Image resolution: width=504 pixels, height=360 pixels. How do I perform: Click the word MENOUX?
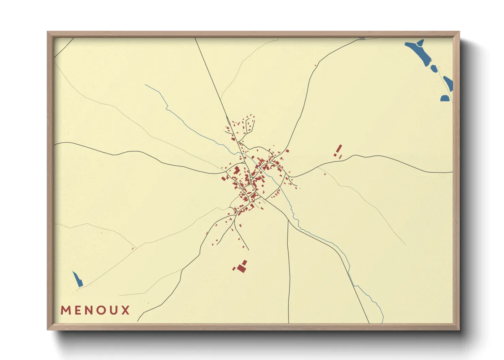point(95,310)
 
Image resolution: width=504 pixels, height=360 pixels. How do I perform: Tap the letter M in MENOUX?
point(66,310)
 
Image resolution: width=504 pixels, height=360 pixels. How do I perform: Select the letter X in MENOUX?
point(126,310)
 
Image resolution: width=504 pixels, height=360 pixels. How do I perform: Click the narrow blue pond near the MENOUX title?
point(78,279)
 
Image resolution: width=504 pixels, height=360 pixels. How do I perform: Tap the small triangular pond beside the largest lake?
point(421,43)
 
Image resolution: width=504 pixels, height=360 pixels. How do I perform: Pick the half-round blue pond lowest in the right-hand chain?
point(445,98)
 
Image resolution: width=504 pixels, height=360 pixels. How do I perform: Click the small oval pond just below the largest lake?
point(434,68)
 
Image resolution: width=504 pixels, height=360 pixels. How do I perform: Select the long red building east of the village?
point(339,149)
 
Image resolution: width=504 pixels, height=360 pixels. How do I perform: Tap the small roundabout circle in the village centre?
point(251,179)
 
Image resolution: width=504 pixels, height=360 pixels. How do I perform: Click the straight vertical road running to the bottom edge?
point(289,272)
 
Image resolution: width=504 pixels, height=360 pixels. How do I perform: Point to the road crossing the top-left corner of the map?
point(64,47)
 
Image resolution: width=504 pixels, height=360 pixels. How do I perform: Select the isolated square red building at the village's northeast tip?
point(287,151)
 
